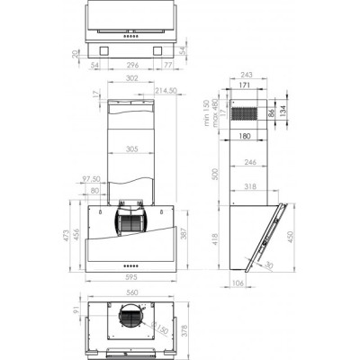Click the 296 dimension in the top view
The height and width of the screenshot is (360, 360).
(x=131, y=66)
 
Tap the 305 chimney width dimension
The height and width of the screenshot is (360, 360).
(x=131, y=149)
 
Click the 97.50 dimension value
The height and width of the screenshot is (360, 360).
(x=92, y=178)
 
